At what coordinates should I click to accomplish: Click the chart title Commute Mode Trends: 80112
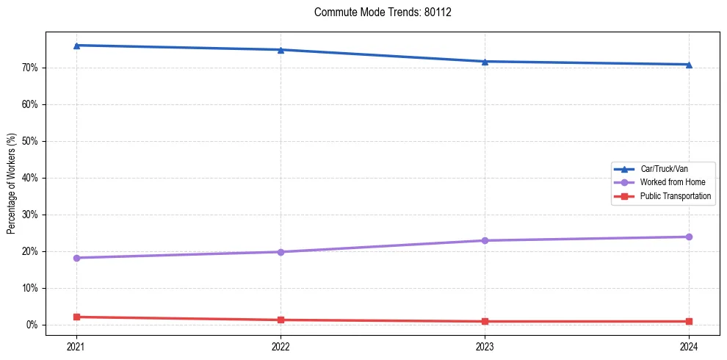pyautogui.click(x=377, y=12)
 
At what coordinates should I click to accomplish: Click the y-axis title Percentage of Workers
pyautogui.click(x=12, y=184)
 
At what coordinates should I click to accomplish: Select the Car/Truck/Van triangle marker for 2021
pyautogui.click(x=76, y=46)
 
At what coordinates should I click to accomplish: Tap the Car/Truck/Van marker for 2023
pyautogui.click(x=485, y=62)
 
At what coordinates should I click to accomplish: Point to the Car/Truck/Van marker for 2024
pyautogui.click(x=689, y=65)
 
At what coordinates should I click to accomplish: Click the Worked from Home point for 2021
pyautogui.click(x=76, y=258)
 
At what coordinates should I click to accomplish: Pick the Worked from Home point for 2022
pyautogui.click(x=281, y=252)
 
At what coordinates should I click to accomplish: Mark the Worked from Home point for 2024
pyautogui.click(x=689, y=237)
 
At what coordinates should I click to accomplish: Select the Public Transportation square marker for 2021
pyautogui.click(x=76, y=317)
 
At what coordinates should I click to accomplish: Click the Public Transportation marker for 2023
pyautogui.click(x=485, y=321)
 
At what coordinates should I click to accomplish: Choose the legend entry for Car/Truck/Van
pyautogui.click(x=663, y=169)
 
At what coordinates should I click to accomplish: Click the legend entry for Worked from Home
pyautogui.click(x=672, y=182)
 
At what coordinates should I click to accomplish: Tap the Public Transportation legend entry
pyautogui.click(x=675, y=196)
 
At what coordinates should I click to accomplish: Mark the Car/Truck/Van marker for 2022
pyautogui.click(x=281, y=50)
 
